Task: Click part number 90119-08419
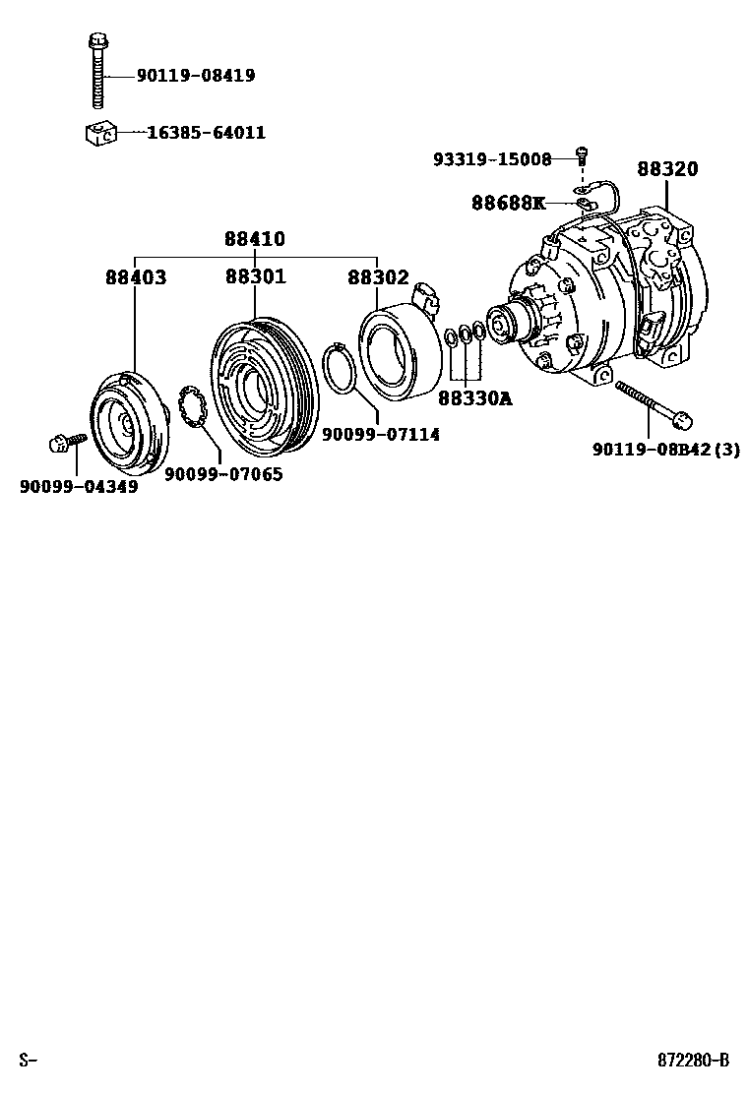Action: (x=196, y=75)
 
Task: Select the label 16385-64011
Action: (x=206, y=132)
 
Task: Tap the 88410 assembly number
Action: (x=254, y=239)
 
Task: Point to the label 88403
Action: (x=136, y=278)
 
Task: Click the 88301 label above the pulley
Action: (x=255, y=277)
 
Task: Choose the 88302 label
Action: (x=377, y=278)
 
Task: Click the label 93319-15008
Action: (x=492, y=158)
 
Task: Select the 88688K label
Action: (x=507, y=203)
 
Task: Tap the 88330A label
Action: (x=475, y=398)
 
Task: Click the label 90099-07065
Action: (x=222, y=473)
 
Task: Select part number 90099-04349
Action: (x=79, y=486)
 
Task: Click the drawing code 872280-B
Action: (x=694, y=1060)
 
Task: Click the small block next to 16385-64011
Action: (x=99, y=131)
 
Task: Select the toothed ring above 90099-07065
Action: (x=191, y=408)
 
